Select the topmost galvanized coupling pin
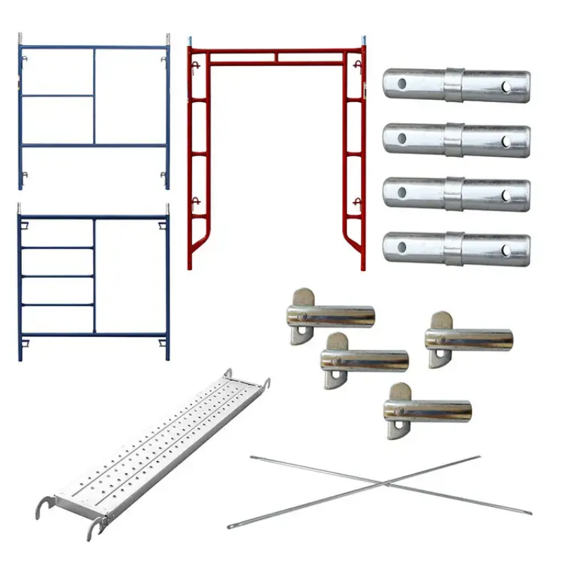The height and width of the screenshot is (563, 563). (456, 86)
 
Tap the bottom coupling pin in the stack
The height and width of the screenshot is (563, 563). (456, 248)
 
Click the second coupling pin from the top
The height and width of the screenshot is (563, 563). (456, 140)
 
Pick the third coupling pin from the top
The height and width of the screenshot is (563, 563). (456, 194)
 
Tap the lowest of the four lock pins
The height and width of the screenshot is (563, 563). (427, 410)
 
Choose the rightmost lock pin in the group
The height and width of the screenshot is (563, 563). (469, 339)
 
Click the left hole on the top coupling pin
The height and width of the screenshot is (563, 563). (401, 84)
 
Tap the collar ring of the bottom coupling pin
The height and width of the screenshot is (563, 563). (454, 248)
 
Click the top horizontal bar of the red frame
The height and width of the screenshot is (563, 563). (277, 51)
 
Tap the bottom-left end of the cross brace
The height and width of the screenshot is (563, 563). (231, 526)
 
